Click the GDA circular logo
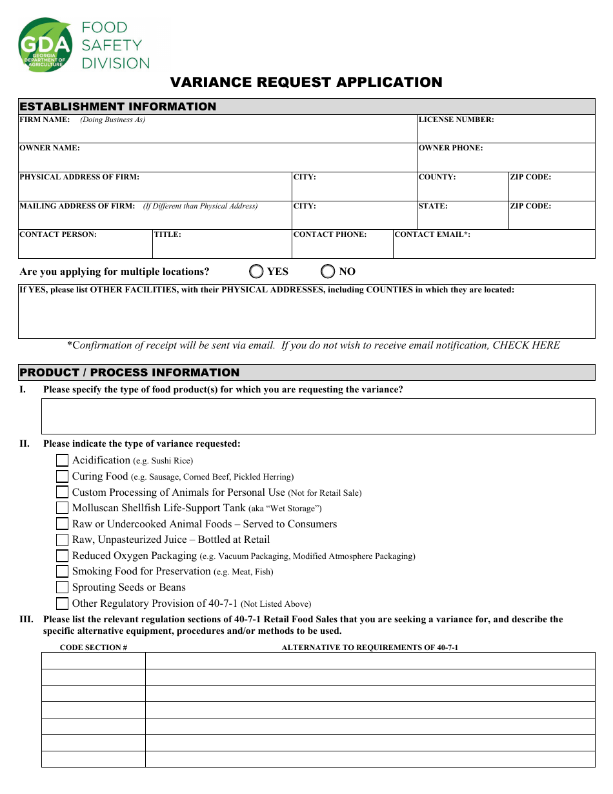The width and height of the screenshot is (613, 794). [45, 45]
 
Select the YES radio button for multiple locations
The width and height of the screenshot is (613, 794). [257, 271]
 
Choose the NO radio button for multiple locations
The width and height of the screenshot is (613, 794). [328, 271]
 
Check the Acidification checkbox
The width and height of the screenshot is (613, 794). [62, 460]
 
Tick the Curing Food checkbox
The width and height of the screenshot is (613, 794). [62, 476]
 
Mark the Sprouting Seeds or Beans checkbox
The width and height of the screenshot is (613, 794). [62, 587]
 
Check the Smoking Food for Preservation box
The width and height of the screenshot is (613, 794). [62, 571]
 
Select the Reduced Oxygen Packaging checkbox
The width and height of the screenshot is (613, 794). [62, 556]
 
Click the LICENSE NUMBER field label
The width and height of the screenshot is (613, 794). [456, 119]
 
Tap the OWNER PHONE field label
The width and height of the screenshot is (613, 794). [450, 148]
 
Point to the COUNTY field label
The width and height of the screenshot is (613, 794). [437, 177]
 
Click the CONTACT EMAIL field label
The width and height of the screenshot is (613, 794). [432, 234]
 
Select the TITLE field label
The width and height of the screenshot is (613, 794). [168, 234]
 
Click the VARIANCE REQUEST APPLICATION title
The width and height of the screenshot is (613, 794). [306, 83]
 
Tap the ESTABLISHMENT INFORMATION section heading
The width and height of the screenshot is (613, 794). [118, 107]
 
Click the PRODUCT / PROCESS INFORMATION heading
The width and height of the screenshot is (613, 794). [129, 372]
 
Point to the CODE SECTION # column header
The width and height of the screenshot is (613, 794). [94, 647]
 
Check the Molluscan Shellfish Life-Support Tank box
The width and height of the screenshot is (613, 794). [62, 508]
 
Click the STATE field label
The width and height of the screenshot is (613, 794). [433, 206]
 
